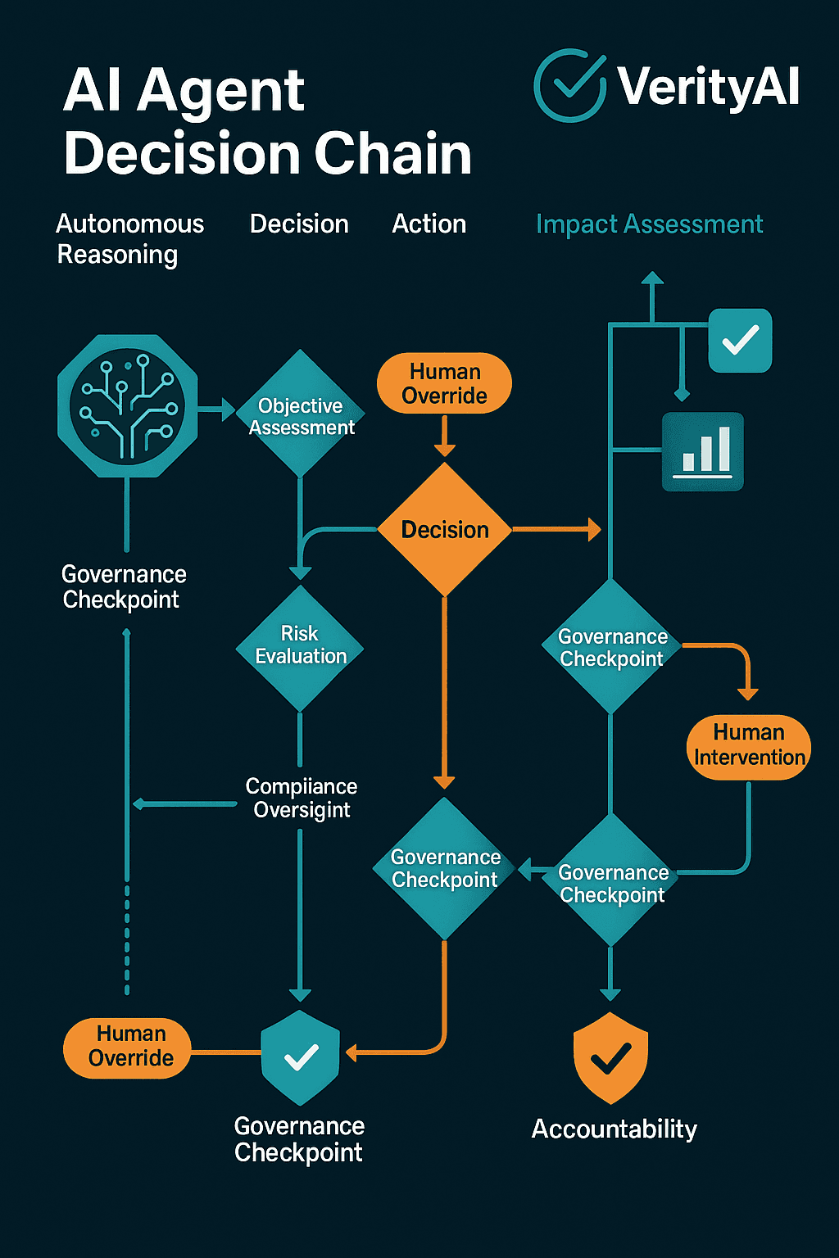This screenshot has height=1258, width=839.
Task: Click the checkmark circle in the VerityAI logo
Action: pyautogui.click(x=569, y=86)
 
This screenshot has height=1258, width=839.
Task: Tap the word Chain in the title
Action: pyautogui.click(x=393, y=153)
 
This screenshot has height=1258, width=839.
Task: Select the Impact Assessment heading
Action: pyautogui.click(x=649, y=224)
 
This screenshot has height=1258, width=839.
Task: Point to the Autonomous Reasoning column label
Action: pyautogui.click(x=129, y=238)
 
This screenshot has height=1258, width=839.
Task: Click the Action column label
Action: pyautogui.click(x=429, y=224)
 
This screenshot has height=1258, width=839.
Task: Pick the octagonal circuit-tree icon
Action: pyautogui.click(x=127, y=405)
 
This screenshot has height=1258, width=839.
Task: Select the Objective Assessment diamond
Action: pyautogui.click(x=301, y=414)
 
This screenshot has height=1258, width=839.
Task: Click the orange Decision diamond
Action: pyautogui.click(x=444, y=530)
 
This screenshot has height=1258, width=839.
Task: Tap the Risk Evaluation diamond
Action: pyautogui.click(x=300, y=646)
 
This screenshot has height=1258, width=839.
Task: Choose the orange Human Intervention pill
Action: pyautogui.click(x=748, y=745)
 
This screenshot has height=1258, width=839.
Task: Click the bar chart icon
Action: pyautogui.click(x=703, y=451)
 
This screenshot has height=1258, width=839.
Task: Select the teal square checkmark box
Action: pyautogui.click(x=740, y=340)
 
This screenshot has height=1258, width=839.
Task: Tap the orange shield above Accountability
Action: pyautogui.click(x=610, y=1057)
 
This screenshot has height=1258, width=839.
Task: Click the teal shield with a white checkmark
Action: pyautogui.click(x=300, y=1057)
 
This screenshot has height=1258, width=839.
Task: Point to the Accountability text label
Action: pyautogui.click(x=614, y=1129)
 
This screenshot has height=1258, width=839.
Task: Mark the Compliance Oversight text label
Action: pyautogui.click(x=301, y=798)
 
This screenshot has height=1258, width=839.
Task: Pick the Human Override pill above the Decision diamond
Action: pyautogui.click(x=444, y=383)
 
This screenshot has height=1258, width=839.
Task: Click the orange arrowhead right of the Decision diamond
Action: pyautogui.click(x=594, y=530)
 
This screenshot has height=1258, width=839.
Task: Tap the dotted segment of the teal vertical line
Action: pyautogui.click(x=127, y=938)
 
